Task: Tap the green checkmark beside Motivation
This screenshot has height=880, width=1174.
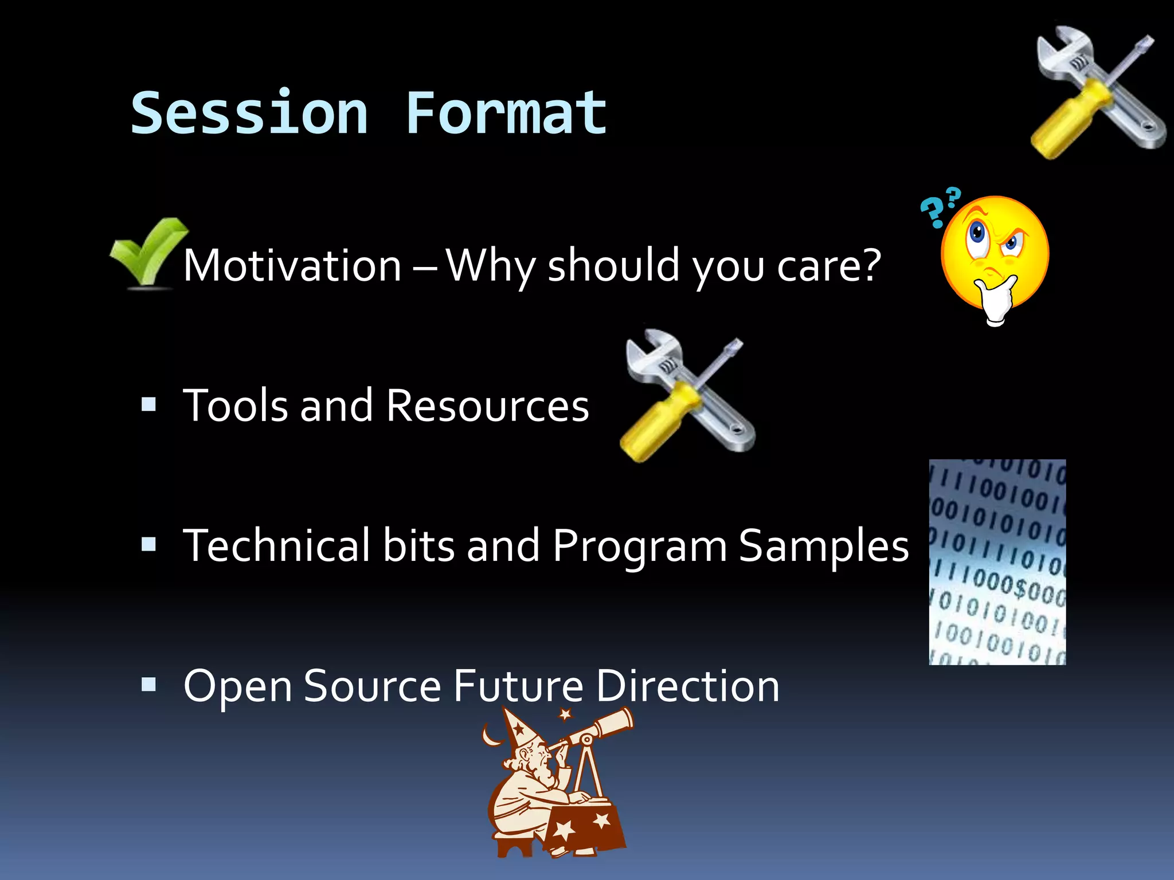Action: point(148,252)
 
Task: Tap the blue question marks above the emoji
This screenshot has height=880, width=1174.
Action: point(940,206)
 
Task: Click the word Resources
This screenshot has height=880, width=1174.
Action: point(487,406)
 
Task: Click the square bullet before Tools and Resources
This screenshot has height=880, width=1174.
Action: point(148,404)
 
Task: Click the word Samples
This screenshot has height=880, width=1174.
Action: point(823,545)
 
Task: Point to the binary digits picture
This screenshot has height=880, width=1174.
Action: point(997,561)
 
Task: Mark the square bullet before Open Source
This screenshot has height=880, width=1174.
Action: point(148,684)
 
